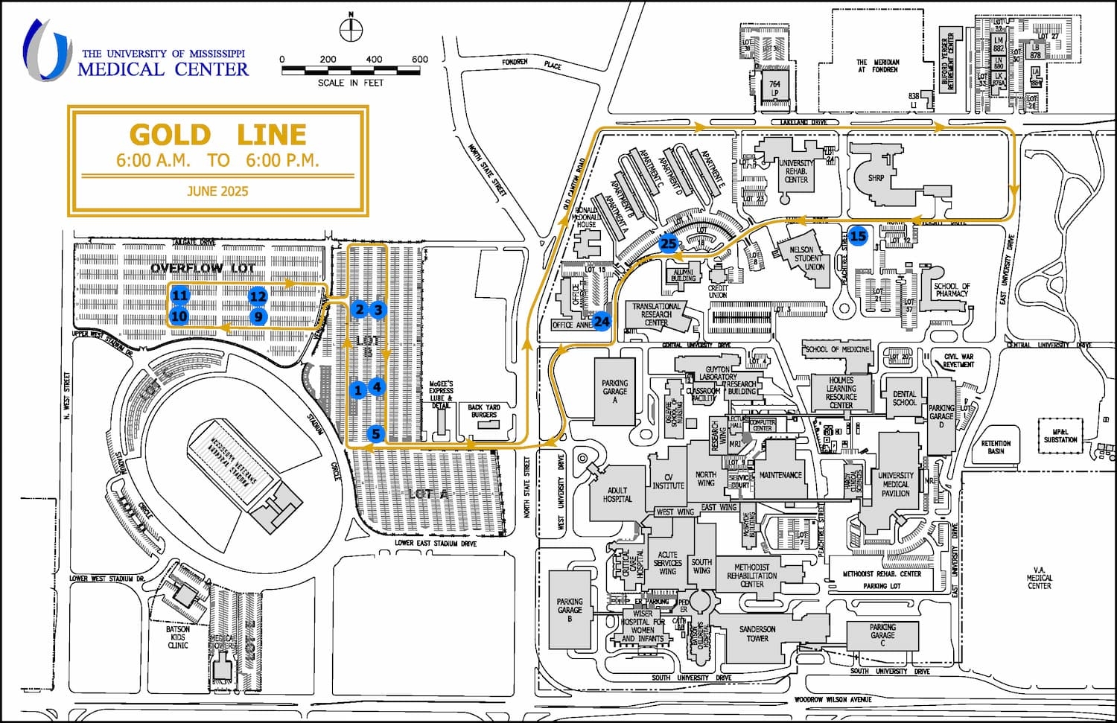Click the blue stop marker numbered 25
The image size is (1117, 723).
tap(668, 243)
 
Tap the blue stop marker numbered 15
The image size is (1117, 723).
tap(858, 236)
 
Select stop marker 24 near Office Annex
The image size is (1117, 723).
tap(602, 322)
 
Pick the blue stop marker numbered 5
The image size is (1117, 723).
tap(376, 434)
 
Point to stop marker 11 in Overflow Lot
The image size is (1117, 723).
tap(179, 296)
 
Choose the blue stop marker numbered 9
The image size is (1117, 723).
tap(258, 316)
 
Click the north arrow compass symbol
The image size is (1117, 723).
tap(350, 30)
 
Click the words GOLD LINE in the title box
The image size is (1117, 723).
tap(217, 135)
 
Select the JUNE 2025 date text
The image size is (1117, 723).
tap(217, 191)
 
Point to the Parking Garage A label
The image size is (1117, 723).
tap(614, 391)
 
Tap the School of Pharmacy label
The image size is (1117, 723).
tap(951, 290)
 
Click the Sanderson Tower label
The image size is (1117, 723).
tap(757, 634)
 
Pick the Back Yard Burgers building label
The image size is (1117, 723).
tap(484, 411)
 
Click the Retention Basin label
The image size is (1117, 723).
tap(996, 447)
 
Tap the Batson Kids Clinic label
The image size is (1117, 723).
tap(178, 637)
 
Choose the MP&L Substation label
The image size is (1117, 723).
tap(1060, 436)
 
